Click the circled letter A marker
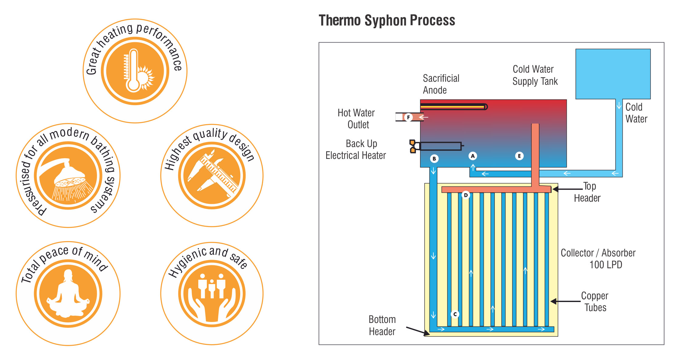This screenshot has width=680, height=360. (473, 156)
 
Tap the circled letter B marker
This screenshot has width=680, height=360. (434, 159)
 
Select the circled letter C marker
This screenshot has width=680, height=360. (455, 314)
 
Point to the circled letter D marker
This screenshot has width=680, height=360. (466, 195)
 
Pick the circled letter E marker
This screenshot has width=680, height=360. (519, 156)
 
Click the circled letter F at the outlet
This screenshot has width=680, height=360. (408, 117)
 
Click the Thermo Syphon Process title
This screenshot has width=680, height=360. (387, 20)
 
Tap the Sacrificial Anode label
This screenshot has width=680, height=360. (441, 84)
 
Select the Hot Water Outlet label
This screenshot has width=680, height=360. (357, 118)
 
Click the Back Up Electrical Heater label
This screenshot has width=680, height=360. (356, 149)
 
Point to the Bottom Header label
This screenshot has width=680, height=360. (382, 325)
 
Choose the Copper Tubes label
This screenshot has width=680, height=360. (595, 302)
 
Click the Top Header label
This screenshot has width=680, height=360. (587, 192)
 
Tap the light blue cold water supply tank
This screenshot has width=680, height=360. (613, 74)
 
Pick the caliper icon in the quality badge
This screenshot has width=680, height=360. (213, 175)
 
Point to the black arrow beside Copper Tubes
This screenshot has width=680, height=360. (565, 301)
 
